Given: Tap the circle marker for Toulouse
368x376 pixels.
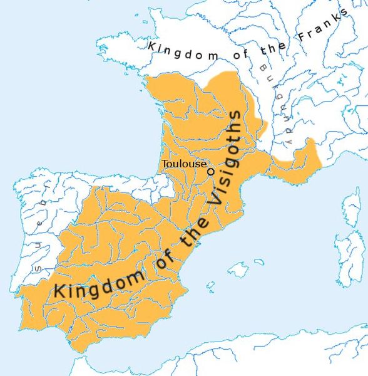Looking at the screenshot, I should pyautogui.click(x=211, y=171).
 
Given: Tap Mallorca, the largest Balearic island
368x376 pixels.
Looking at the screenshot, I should pyautogui.click(x=235, y=270).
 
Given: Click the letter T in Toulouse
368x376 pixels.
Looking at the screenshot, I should pyautogui.click(x=165, y=164).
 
